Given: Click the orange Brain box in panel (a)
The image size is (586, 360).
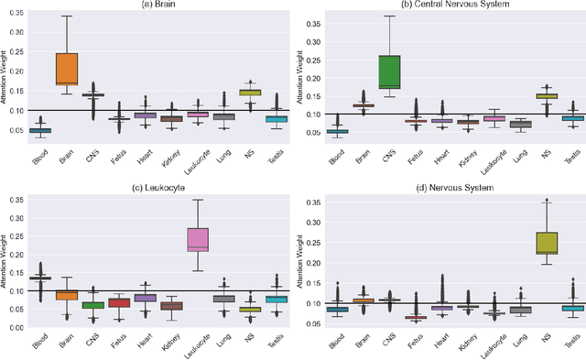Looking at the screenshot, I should (x=67, y=68).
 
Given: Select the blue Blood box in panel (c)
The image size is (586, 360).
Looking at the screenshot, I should (x=40, y=278).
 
